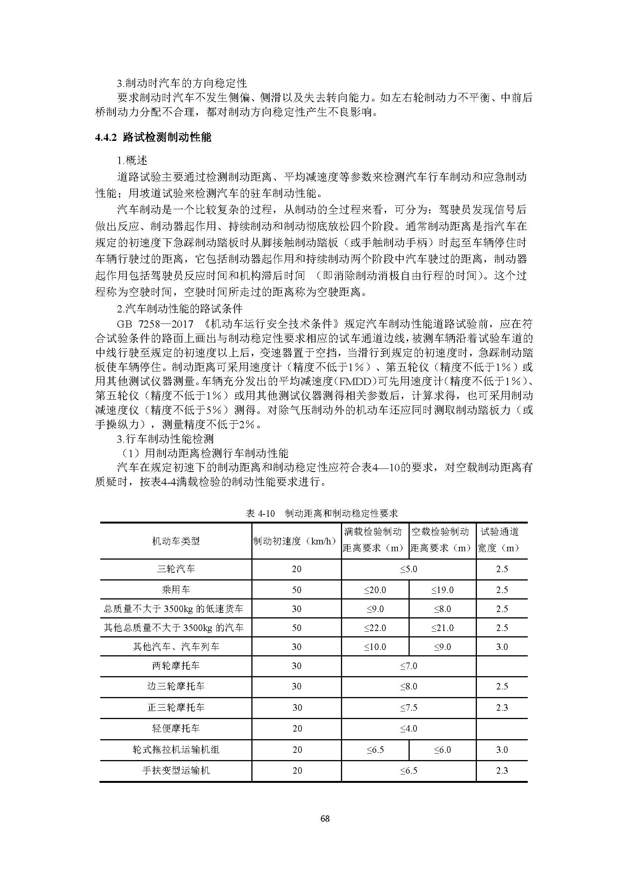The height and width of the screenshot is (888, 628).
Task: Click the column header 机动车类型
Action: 176,541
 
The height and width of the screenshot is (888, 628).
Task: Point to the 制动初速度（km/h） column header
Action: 296,541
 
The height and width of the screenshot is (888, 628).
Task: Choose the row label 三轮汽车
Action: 176,569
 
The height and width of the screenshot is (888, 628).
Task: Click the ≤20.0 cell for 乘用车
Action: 375,590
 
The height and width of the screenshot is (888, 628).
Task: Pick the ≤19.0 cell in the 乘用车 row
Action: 442,590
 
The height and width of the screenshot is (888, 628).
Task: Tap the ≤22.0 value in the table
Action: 375,628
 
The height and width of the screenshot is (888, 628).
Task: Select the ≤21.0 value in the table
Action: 442,628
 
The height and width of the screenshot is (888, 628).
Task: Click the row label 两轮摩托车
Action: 176,666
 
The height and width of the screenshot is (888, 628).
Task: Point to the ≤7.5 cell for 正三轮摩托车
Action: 409,707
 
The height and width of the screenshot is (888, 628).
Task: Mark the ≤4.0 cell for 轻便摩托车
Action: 409,729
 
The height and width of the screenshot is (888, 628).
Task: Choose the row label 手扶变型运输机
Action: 176,770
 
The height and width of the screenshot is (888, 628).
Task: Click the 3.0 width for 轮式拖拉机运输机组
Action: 502,749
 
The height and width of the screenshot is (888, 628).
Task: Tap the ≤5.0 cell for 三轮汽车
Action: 409,569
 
